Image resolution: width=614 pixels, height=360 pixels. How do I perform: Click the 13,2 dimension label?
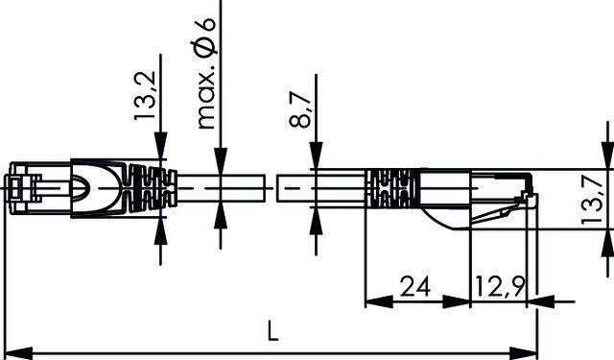(x=145, y=96)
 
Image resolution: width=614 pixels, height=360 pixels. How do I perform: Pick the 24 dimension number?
(x=415, y=285)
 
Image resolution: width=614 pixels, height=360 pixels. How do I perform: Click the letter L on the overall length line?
(x=273, y=333)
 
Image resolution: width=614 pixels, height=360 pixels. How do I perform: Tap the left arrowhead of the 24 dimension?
(x=374, y=303)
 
